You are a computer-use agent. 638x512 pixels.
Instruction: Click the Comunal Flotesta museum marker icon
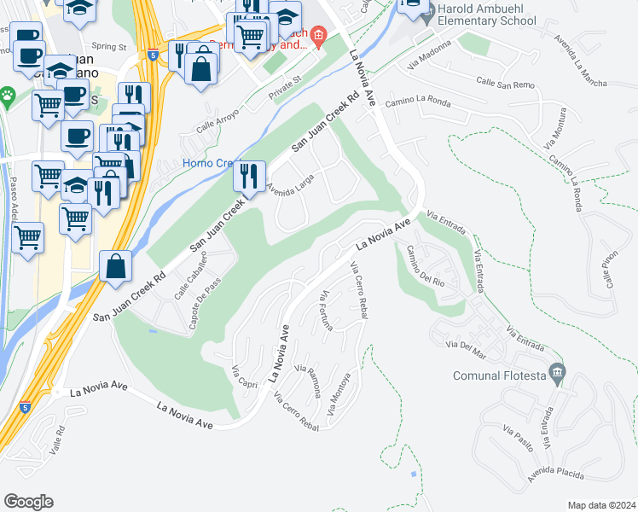(557, 373)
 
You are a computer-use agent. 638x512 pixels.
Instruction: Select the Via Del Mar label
(466, 345)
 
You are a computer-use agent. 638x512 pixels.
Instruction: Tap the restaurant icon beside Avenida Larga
(249, 177)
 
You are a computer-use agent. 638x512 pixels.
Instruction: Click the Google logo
(28, 502)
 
